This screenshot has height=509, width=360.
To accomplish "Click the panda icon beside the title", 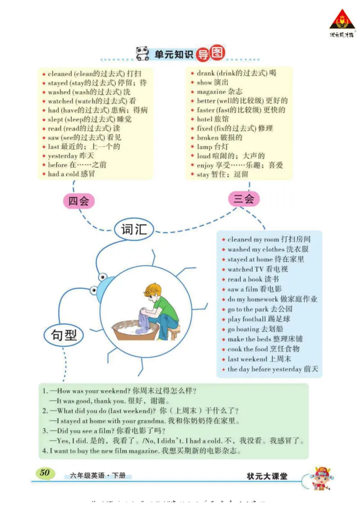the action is pyautogui.click(x=143, y=54).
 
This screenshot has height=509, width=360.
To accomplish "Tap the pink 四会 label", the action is pyautogui.click(x=78, y=201).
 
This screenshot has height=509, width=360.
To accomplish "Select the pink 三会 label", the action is pyautogui.click(x=243, y=199).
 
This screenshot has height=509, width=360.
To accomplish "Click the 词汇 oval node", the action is pyautogui.click(x=134, y=229).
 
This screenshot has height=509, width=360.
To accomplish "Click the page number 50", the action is pyautogui.click(x=45, y=473).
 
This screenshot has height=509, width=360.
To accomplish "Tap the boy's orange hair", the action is pyautogui.click(x=153, y=289).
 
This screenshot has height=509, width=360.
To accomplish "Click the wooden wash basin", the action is pyautogui.click(x=135, y=330).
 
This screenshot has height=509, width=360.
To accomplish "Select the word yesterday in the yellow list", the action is pyautogui.click(x=63, y=156).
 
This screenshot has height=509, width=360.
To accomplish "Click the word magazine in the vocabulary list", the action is pyautogui.click(x=211, y=92).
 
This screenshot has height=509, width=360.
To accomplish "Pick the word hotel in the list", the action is pyautogui.click(x=204, y=119).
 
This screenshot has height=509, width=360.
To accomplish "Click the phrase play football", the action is pyautogui.click(x=247, y=319).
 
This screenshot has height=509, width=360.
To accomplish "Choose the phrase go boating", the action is pyautogui.click(x=243, y=329).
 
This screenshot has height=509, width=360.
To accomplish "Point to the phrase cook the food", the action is pyautogui.click(x=248, y=349).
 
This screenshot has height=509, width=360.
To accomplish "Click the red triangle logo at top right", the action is pyautogui.click(x=342, y=20).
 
